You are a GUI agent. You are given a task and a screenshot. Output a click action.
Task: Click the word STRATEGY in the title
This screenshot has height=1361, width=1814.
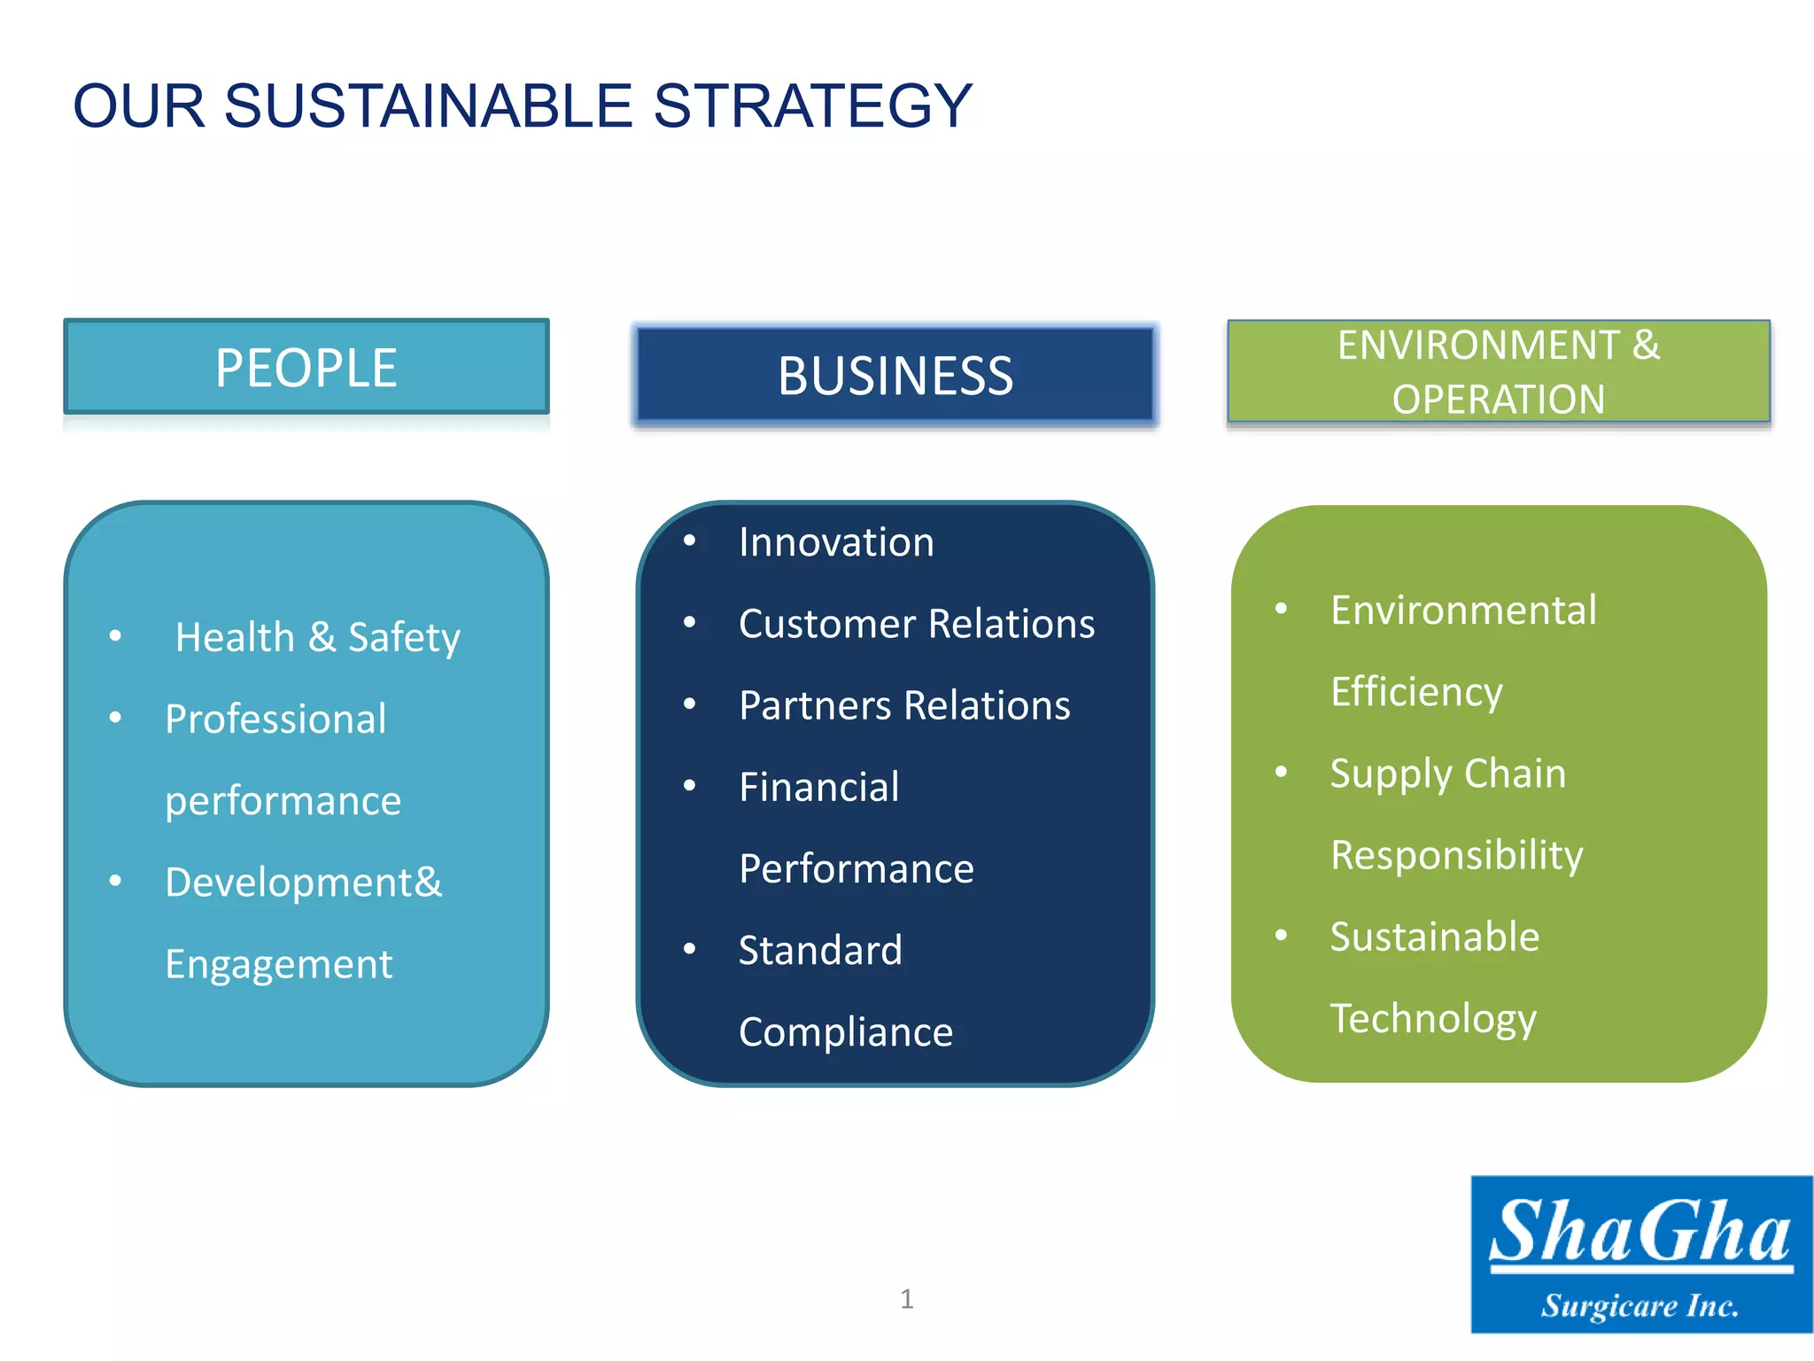click(812, 106)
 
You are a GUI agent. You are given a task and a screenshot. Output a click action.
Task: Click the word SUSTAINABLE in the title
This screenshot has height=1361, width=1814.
click(428, 106)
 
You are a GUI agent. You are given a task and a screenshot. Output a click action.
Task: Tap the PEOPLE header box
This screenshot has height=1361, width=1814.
click(306, 367)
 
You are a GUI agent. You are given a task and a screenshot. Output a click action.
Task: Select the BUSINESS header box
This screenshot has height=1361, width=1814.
click(895, 375)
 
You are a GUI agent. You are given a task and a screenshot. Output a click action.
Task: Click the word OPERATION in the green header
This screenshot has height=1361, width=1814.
click(1498, 399)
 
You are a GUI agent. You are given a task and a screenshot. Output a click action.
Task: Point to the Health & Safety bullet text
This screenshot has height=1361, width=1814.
click(317, 637)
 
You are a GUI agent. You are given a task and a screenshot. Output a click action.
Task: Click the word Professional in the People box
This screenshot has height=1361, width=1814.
click(275, 719)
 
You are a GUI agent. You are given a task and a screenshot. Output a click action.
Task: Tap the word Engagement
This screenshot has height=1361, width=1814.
click(278, 964)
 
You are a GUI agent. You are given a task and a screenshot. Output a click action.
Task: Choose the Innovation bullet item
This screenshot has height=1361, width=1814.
click(836, 542)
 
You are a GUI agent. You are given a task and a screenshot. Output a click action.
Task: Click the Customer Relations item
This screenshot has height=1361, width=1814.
click(917, 624)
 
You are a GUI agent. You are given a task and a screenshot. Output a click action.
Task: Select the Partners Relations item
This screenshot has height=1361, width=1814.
click(904, 705)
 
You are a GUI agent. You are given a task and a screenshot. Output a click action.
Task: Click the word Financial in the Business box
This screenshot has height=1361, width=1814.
click(819, 787)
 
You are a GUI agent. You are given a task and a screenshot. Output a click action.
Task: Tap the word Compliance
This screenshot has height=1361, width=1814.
click(846, 1032)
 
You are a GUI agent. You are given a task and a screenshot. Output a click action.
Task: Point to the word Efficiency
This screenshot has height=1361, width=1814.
click(1416, 692)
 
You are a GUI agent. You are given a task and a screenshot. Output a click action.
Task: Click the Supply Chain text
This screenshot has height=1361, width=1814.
click(1447, 774)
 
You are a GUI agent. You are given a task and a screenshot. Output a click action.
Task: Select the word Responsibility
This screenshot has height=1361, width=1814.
click(1457, 855)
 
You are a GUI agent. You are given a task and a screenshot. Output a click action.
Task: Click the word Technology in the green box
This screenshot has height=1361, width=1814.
click(1433, 1019)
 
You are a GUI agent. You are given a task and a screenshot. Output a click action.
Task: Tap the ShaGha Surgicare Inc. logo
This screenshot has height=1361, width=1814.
click(1641, 1254)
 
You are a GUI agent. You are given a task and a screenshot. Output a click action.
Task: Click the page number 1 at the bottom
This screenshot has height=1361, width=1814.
click(906, 1299)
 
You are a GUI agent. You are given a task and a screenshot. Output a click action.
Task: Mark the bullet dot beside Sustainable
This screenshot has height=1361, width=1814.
click(1281, 936)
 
